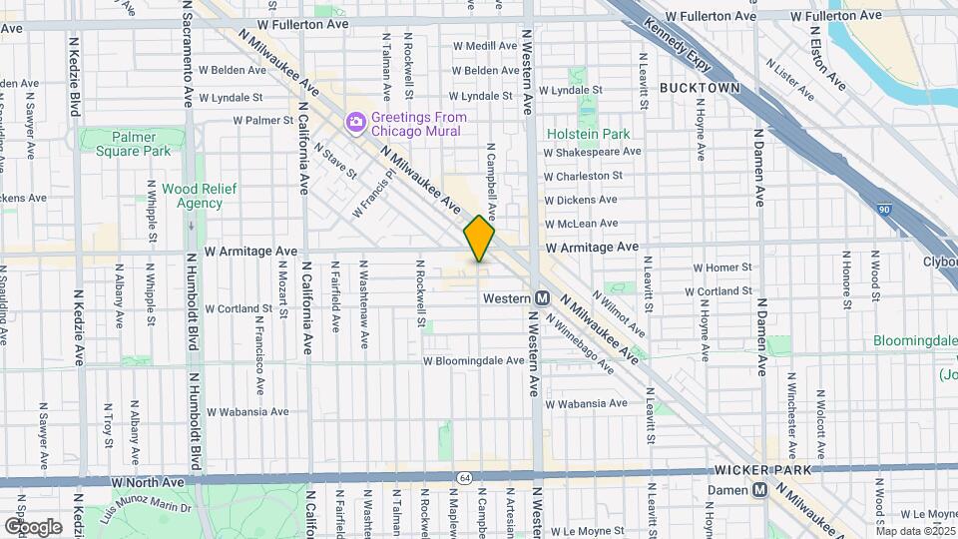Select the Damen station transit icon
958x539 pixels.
[x=759, y=490]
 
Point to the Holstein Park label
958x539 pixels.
[x=588, y=134]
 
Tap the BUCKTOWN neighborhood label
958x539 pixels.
[x=700, y=88]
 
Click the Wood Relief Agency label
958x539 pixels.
[x=186, y=195]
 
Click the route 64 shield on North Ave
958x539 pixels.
[x=464, y=478]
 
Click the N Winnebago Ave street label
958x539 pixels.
[x=579, y=342]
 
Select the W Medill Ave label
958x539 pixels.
[x=485, y=46]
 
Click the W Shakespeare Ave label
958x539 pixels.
[x=592, y=152]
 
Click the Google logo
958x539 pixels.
[x=33, y=526]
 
